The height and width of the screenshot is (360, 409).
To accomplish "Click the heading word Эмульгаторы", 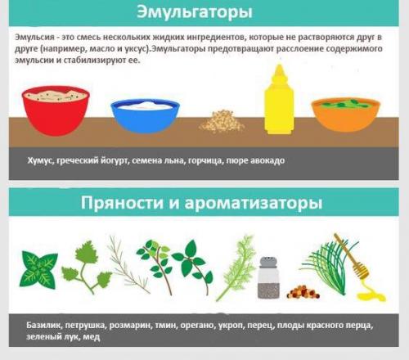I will tap(205, 13).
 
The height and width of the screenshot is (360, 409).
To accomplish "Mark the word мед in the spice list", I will tap(92, 337).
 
